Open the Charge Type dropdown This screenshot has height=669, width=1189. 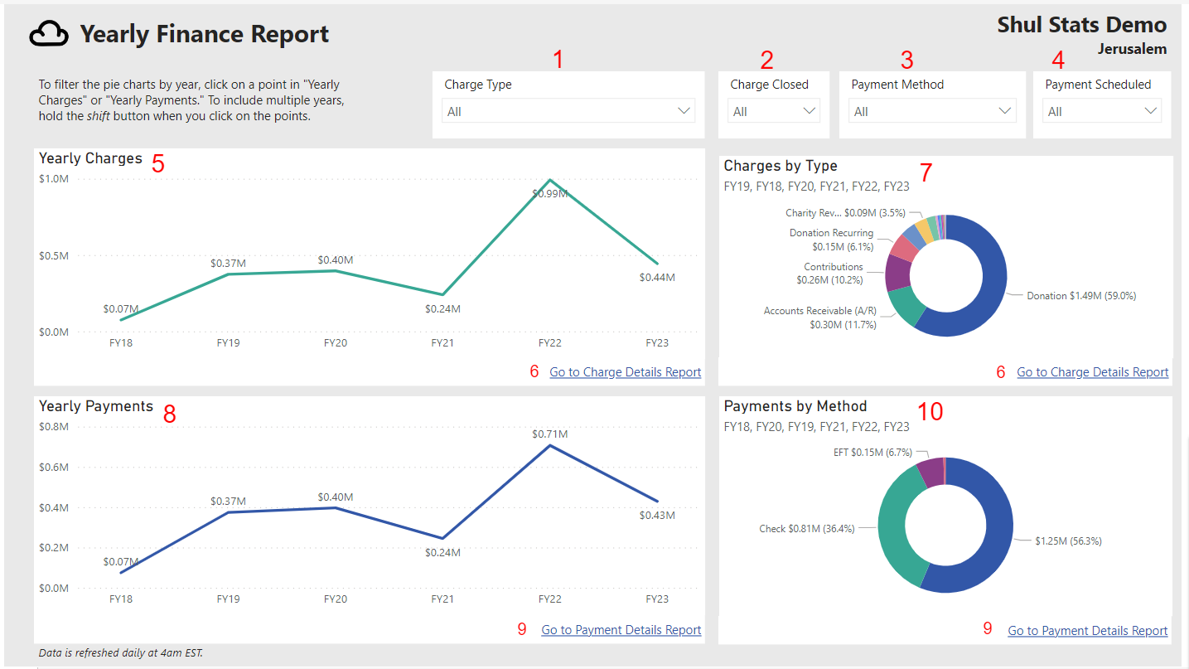[x=568, y=111]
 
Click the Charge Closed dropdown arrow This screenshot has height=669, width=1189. [x=810, y=111]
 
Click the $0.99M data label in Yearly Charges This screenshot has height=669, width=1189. [x=550, y=194]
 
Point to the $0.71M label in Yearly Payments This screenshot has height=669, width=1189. [x=550, y=434]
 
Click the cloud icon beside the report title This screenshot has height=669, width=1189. [x=49, y=34]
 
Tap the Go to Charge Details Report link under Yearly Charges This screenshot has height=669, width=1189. [x=625, y=372]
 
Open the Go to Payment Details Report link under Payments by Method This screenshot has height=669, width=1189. [x=1087, y=631]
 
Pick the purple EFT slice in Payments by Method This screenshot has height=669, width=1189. [x=930, y=471]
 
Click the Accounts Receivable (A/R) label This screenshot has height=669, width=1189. [x=819, y=311]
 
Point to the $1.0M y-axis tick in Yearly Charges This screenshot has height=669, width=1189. [x=54, y=179]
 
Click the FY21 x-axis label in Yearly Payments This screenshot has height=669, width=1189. [x=442, y=599]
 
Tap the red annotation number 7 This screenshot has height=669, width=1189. [x=926, y=172]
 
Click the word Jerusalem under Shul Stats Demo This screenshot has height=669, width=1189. [x=1132, y=49]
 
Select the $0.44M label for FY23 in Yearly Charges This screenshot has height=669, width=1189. [x=657, y=278]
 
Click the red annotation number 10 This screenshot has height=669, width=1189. [x=930, y=411]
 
